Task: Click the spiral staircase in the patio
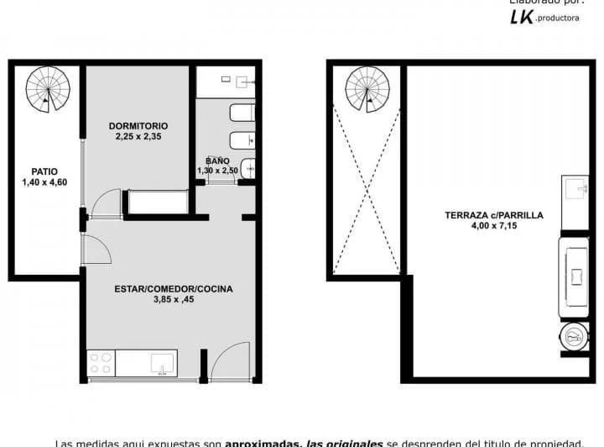coord(44,89)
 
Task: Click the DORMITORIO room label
coord(138,126)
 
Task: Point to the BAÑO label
coord(217,160)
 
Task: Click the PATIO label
coord(44,171)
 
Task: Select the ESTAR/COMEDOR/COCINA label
coord(174,289)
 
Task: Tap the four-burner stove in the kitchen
coord(101,363)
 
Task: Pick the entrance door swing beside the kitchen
coord(230,360)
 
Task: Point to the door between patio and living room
coord(95,250)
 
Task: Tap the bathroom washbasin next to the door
coord(247,168)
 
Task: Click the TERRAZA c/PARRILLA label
coord(493,215)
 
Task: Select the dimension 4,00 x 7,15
coord(493,225)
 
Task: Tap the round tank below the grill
coord(574,338)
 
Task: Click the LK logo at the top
coord(522,18)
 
